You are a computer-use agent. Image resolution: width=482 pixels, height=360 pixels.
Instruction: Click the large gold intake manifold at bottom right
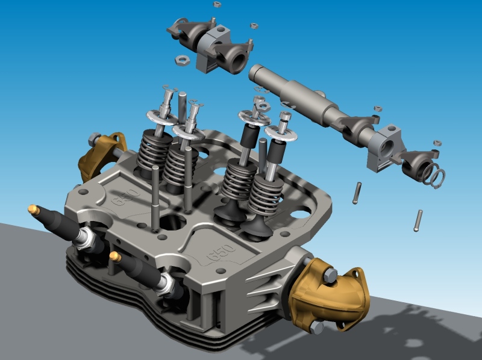[329, 296]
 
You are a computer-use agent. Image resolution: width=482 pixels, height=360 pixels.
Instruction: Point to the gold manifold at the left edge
[101, 155]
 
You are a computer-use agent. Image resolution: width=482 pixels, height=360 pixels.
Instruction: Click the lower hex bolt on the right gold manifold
[317, 327]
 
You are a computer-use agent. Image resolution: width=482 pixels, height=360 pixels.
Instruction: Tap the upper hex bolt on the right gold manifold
[330, 275]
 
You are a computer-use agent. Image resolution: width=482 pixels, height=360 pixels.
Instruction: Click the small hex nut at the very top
[217, 4]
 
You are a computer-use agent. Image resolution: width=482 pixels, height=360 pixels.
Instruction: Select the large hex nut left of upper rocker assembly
[183, 60]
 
